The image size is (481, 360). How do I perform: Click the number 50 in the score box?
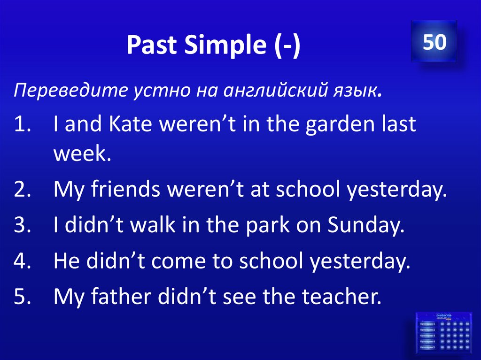(434, 42)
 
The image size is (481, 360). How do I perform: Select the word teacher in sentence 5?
(335, 296)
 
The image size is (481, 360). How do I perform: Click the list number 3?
(22, 226)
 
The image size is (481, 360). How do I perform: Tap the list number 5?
(22, 296)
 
